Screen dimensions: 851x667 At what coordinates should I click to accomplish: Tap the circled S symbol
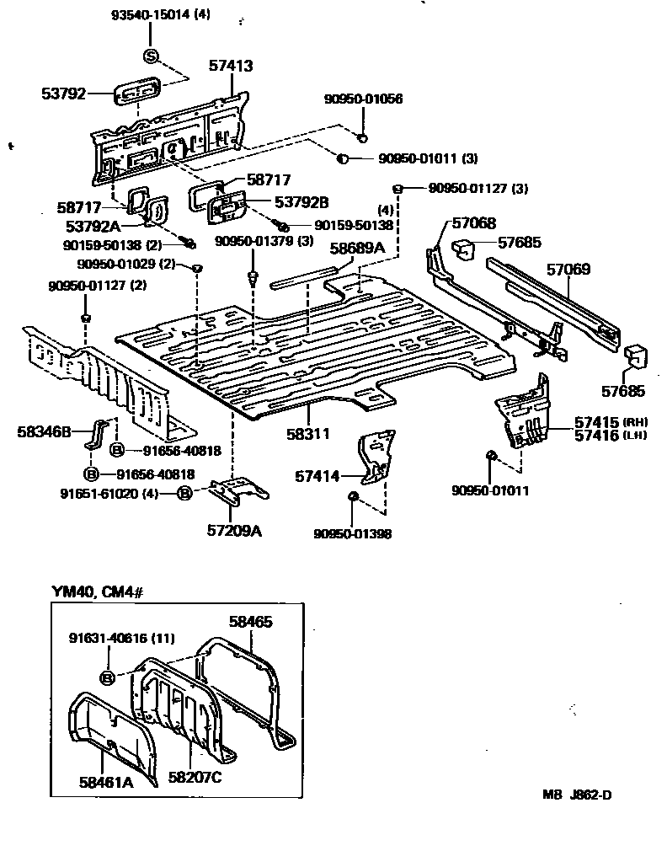(151, 56)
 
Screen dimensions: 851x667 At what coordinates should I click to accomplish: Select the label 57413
(232, 65)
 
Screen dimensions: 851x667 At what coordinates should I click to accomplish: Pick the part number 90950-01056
(363, 99)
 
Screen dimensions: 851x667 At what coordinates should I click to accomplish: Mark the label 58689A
(356, 248)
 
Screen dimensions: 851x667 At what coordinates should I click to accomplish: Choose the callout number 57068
(474, 222)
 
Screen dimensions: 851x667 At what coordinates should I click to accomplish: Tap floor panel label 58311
(307, 433)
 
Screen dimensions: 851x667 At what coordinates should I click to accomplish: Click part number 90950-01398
(353, 533)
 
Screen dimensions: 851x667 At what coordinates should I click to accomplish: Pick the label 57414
(317, 476)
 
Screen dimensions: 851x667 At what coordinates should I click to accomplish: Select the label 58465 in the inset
(252, 622)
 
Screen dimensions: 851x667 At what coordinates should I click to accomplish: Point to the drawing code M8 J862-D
(577, 794)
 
